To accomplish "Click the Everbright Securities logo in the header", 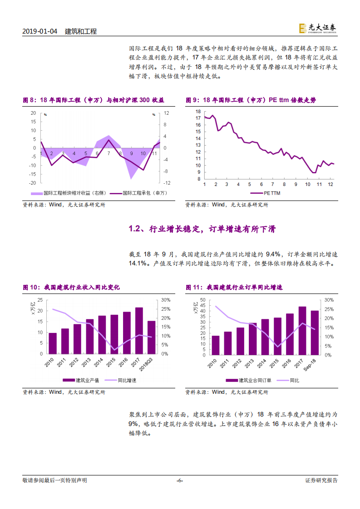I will point(317,28).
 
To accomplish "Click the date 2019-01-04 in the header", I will point(40,31).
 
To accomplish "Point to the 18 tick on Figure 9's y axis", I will point(198,112).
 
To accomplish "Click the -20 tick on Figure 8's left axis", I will point(33,183).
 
